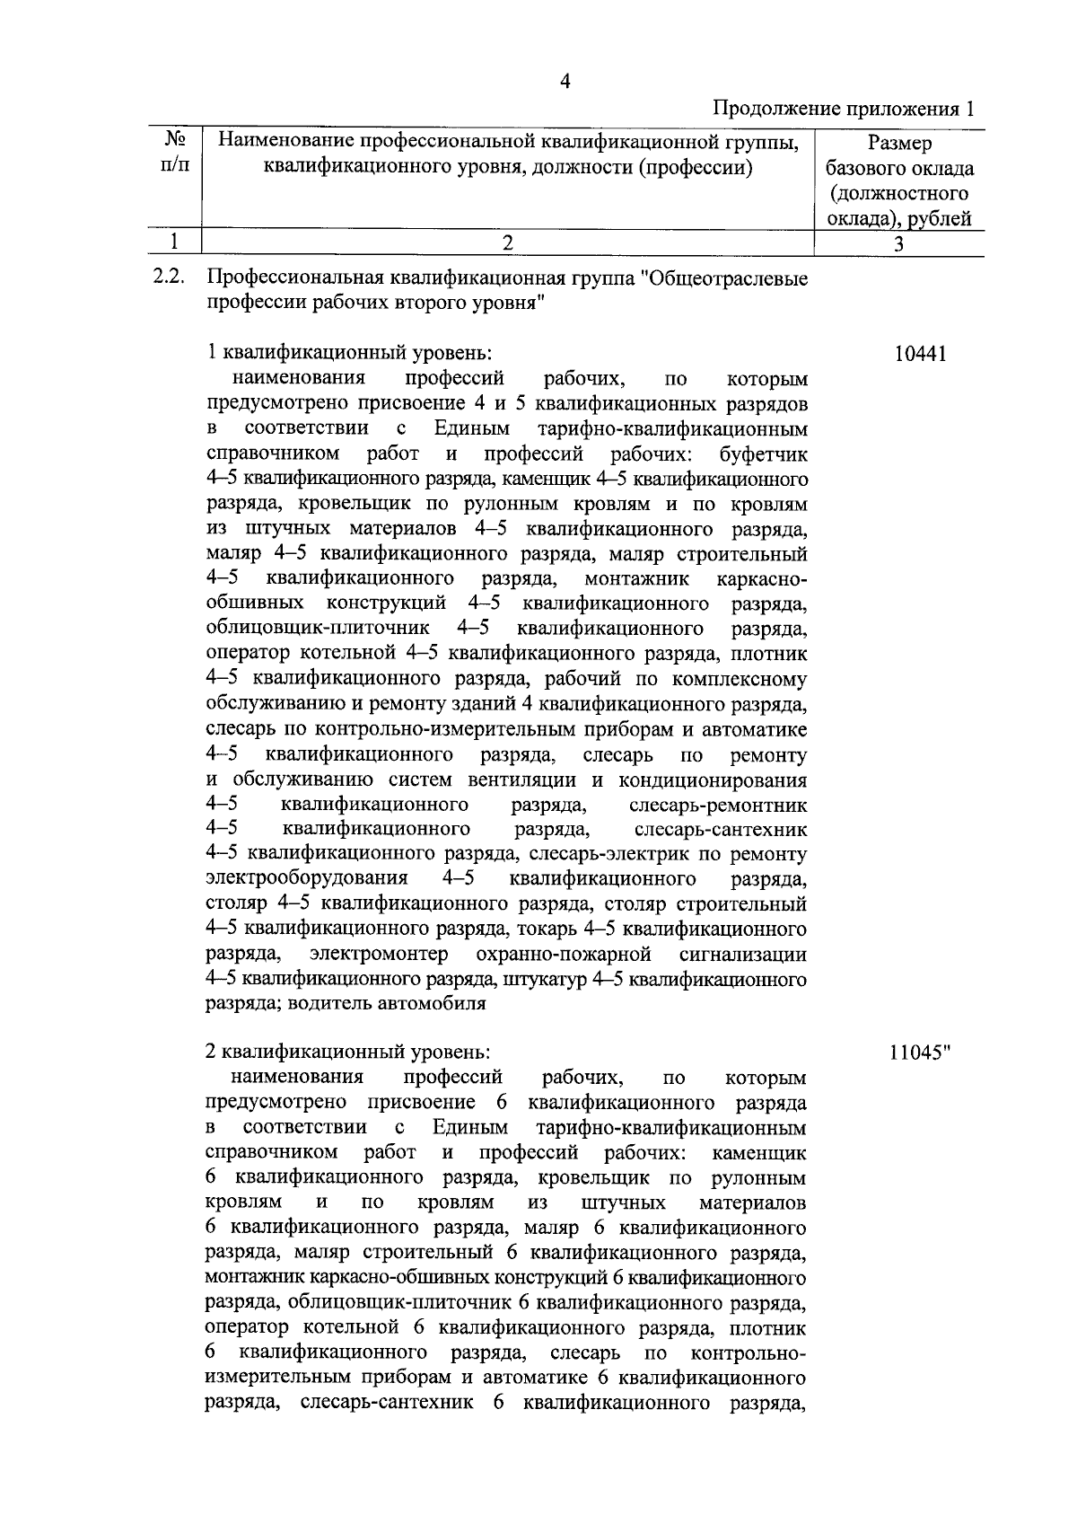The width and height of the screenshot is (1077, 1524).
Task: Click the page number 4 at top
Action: tap(565, 82)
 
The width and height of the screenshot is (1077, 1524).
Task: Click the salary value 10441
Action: tap(920, 354)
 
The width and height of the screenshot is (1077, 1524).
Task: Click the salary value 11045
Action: tap(915, 1053)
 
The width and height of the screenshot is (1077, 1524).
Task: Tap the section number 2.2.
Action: tap(169, 277)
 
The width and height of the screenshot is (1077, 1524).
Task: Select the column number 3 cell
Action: tap(898, 243)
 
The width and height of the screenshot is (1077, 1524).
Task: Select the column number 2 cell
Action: tap(507, 242)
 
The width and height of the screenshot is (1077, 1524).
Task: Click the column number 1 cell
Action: tap(175, 242)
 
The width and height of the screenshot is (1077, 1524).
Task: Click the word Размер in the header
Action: tap(899, 143)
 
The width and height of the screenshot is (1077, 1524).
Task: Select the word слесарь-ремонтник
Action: tap(718, 805)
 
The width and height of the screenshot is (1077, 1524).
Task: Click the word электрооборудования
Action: tap(307, 878)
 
